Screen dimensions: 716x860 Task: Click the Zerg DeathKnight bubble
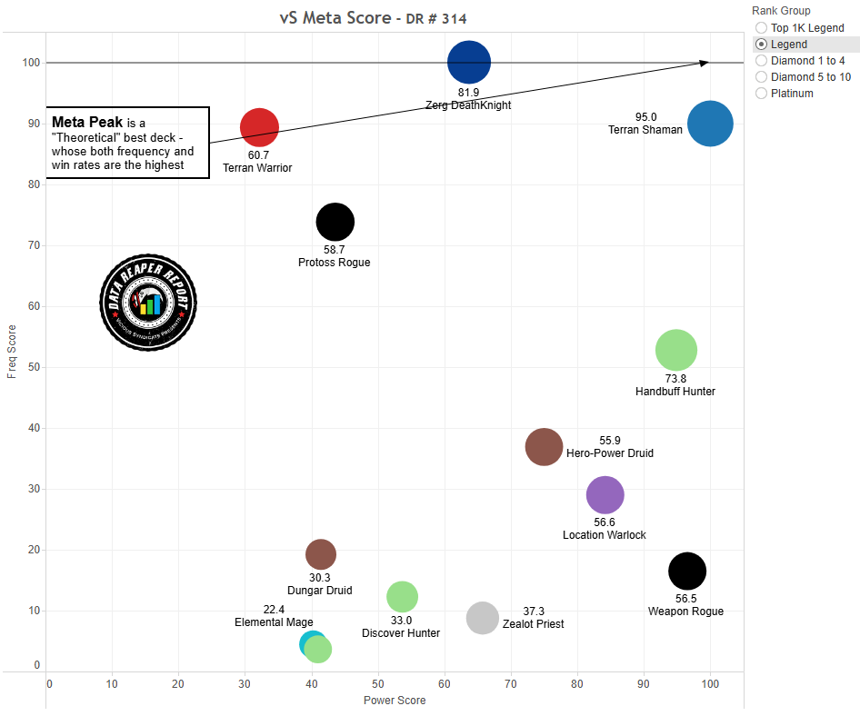[x=469, y=63]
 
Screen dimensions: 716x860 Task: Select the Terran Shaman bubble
[x=710, y=125]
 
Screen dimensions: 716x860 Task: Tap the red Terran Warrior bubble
[x=259, y=127]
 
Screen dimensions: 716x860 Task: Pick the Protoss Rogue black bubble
[x=335, y=222]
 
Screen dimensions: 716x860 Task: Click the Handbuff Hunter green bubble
[x=675, y=350]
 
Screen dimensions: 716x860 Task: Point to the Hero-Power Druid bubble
[x=545, y=446]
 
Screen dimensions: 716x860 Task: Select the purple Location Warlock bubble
[x=605, y=495]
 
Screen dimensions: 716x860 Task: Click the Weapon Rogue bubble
[x=687, y=571]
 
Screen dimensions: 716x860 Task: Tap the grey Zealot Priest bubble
[x=483, y=618]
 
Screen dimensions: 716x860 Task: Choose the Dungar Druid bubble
[x=321, y=553]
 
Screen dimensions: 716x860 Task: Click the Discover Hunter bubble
[x=402, y=596]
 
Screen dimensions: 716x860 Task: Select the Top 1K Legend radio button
[x=761, y=28]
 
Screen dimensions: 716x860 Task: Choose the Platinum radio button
[x=761, y=94]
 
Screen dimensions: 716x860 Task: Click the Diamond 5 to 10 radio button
[x=761, y=77]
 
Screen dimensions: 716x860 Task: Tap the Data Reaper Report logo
[x=148, y=302]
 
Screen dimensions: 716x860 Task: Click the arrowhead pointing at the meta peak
[x=705, y=63]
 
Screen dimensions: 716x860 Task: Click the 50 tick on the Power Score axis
[x=378, y=683]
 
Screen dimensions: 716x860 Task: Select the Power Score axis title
[x=395, y=701]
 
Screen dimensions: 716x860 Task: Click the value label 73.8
[x=675, y=379]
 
